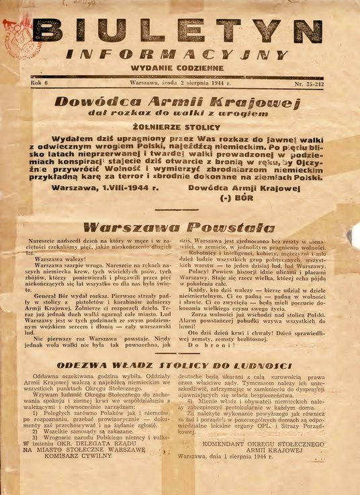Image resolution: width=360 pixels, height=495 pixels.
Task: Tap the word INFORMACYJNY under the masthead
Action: pos(187,55)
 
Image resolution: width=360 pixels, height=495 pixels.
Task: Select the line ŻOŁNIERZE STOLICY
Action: pos(179,125)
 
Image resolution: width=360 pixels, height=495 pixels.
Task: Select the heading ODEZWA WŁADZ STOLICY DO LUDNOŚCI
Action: pos(179,365)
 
